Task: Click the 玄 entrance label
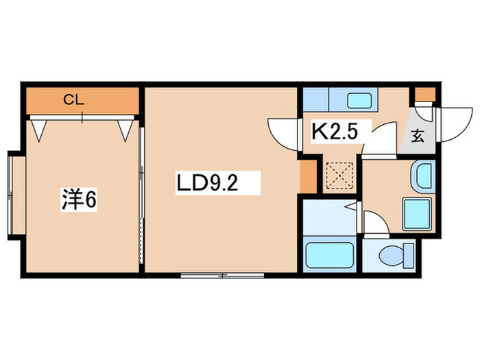(x=418, y=135)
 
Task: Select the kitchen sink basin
(x=359, y=101)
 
